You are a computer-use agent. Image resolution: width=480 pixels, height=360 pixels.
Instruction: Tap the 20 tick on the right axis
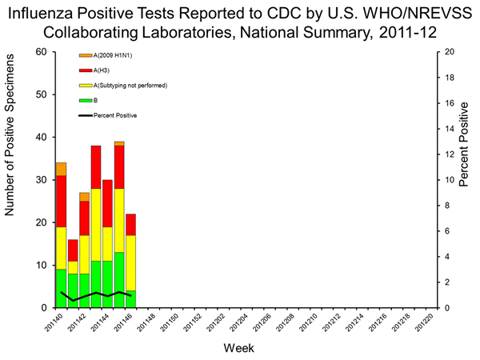point(450,52)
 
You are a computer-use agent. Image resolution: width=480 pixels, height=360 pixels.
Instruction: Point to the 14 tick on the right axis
point(450,129)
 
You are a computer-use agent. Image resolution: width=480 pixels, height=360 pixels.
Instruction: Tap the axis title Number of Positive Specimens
point(11,180)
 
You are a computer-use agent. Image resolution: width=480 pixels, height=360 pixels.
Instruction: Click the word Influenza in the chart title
point(66,14)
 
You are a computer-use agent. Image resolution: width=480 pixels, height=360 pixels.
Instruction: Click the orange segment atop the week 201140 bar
point(61,169)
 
